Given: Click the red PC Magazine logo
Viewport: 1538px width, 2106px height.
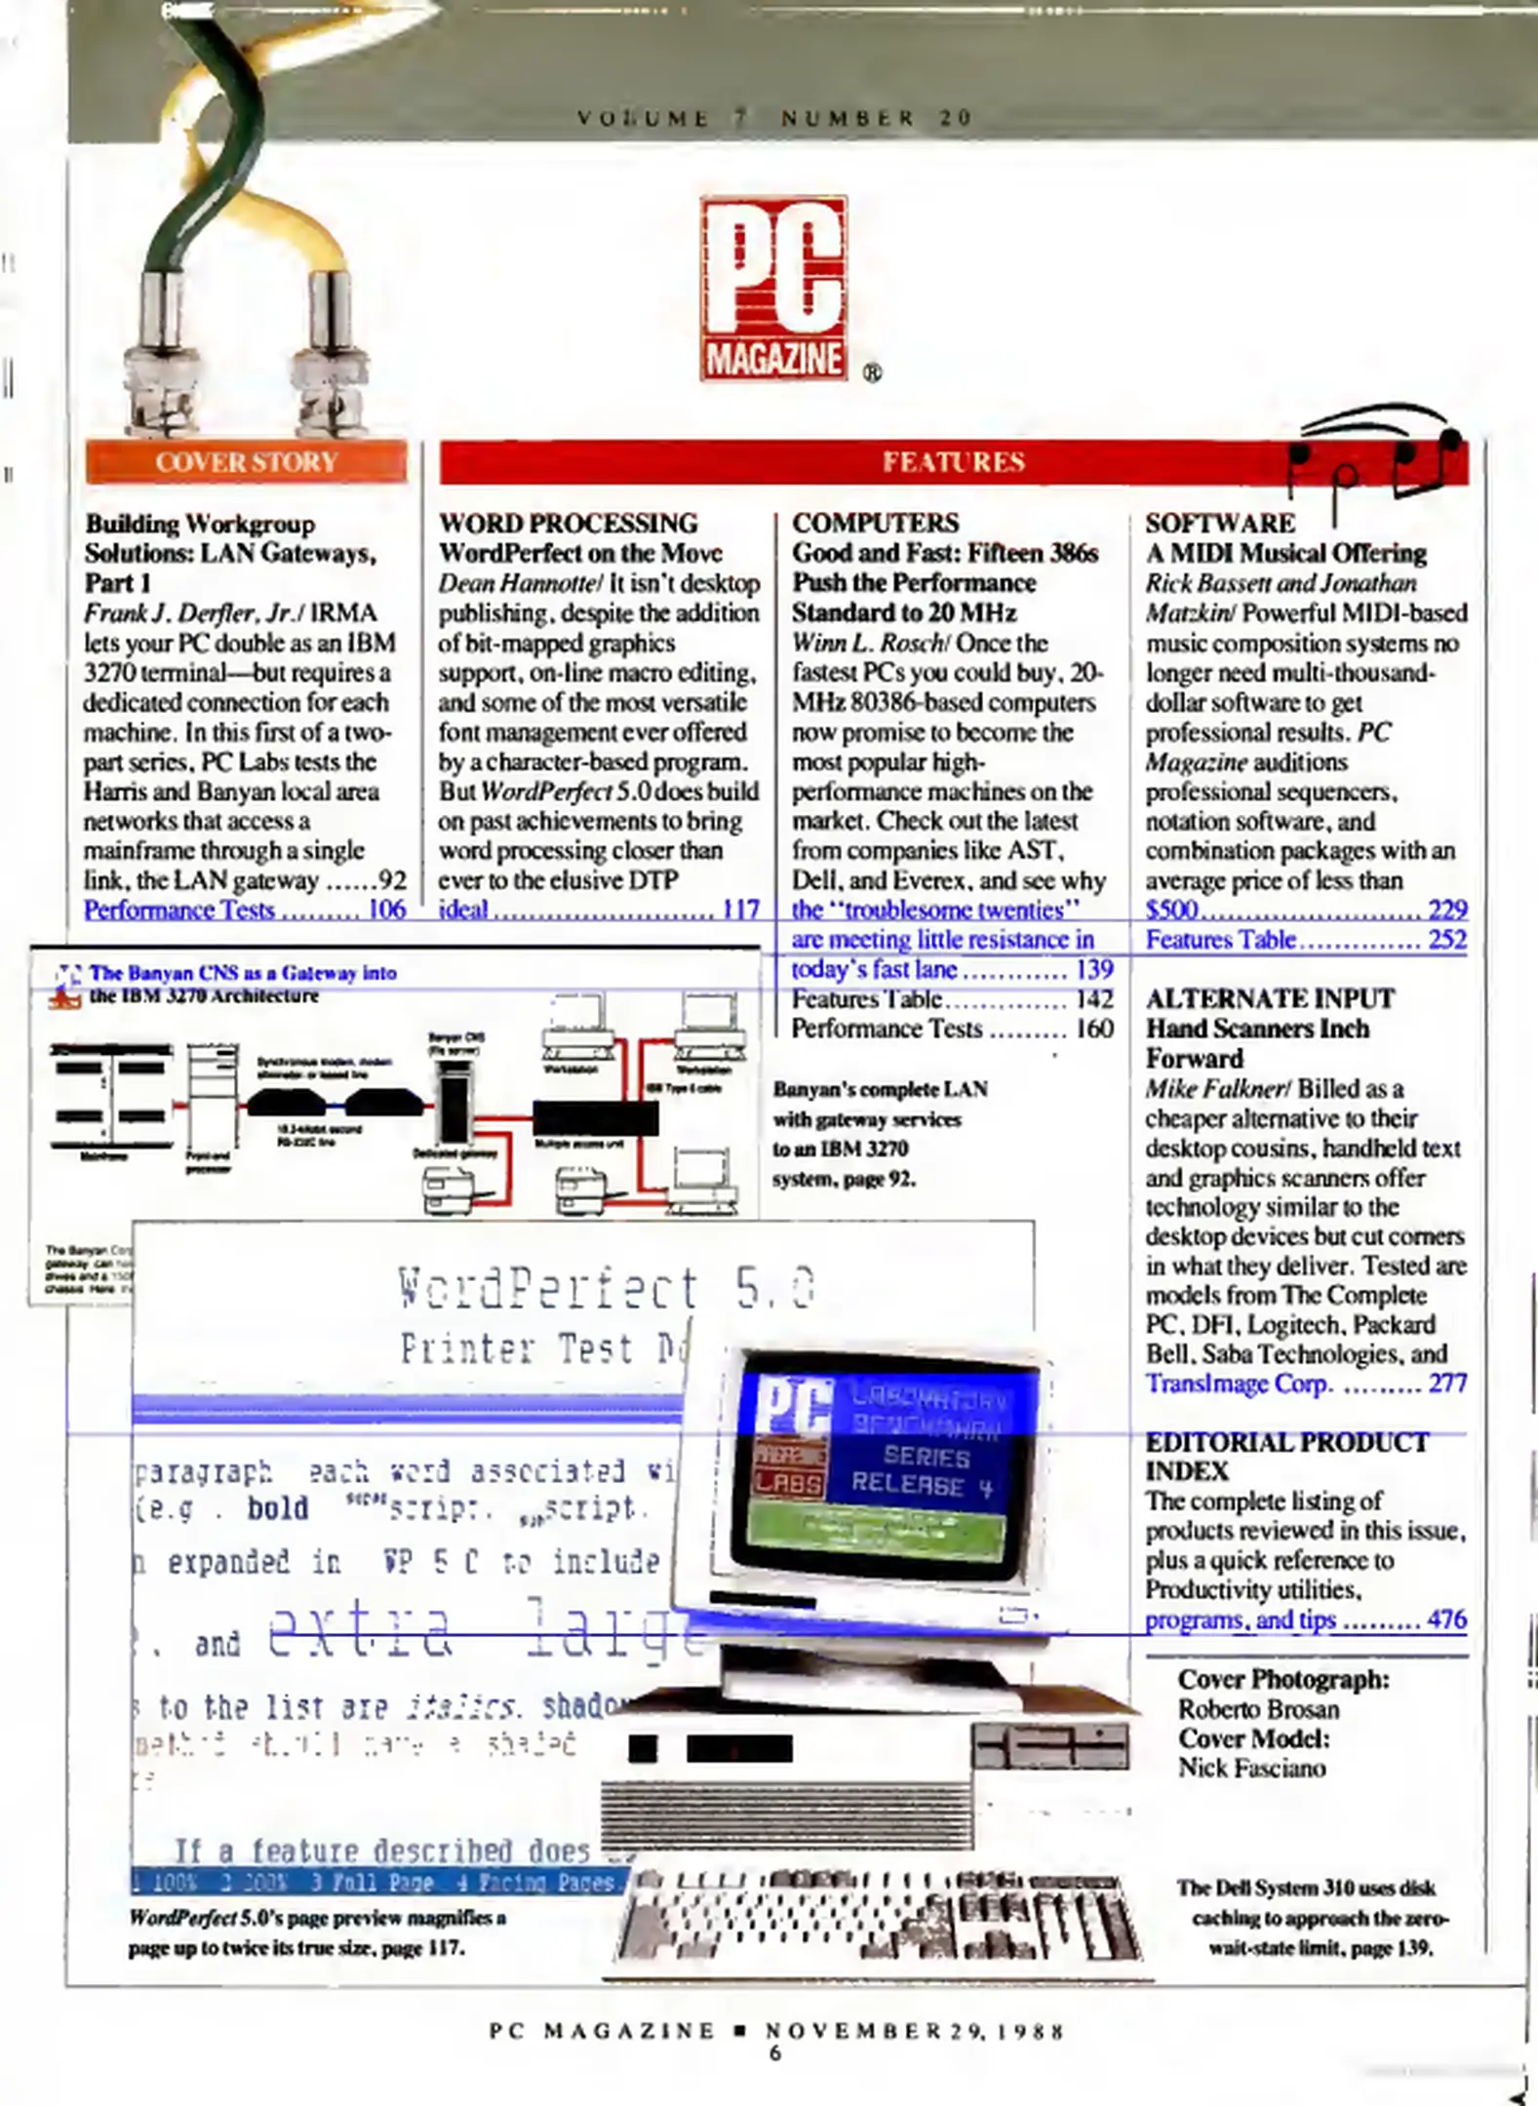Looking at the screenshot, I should tap(773, 289).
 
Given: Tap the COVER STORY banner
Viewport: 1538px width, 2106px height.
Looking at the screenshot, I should tap(246, 461).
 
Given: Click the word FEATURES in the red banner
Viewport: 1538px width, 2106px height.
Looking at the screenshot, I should tap(953, 461).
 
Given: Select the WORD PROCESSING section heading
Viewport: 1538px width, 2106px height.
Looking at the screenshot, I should tap(568, 523).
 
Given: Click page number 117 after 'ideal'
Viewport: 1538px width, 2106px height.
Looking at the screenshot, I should tap(740, 909).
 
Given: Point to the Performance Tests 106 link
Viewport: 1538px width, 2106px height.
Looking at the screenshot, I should tap(244, 909).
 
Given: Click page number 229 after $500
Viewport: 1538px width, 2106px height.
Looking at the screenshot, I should tap(1447, 909).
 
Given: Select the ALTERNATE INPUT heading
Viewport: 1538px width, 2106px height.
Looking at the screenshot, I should tap(1269, 998).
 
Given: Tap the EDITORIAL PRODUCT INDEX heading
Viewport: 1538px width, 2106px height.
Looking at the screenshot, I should tap(1285, 1456).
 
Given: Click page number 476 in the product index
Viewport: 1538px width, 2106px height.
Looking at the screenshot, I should tap(1447, 1619).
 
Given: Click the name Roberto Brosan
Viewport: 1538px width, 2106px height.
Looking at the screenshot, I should tap(1258, 1709).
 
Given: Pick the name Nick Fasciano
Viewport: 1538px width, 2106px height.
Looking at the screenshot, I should tap(1251, 1768).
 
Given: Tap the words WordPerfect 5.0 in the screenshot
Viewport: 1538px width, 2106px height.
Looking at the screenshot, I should tap(606, 1287).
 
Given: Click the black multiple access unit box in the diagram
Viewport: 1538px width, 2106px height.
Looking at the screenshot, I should tap(595, 1117).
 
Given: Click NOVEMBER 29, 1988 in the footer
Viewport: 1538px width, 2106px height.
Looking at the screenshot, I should tap(914, 2031).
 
